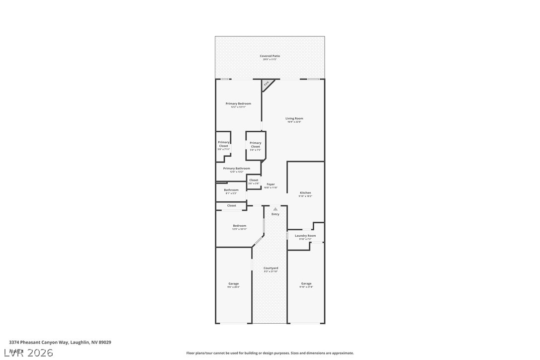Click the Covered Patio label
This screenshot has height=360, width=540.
pos(270,56)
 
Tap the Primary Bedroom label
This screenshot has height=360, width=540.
pos(238,104)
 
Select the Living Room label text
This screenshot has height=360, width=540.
pos(294,119)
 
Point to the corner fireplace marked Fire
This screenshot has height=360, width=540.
pos(267,85)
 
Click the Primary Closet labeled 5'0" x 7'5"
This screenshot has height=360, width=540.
pos(255,145)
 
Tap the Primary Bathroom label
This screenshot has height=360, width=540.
pos(236,169)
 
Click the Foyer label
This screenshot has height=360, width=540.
pos(270,184)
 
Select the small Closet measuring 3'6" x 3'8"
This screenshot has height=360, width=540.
pos(254,181)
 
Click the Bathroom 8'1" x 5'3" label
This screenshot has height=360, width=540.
pos(231,190)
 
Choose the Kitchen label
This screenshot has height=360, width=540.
pos(305,193)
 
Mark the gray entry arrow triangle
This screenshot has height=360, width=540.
pos(275,209)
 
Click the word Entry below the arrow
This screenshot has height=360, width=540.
pos(275,214)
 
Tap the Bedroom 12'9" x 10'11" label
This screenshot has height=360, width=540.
pos(239,226)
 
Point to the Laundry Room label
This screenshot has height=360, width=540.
pos(305,236)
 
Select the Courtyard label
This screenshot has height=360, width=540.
pos(270,269)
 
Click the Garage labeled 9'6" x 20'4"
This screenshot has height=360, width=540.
pos(233,284)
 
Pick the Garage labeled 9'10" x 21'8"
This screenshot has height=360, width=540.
pos(306,284)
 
